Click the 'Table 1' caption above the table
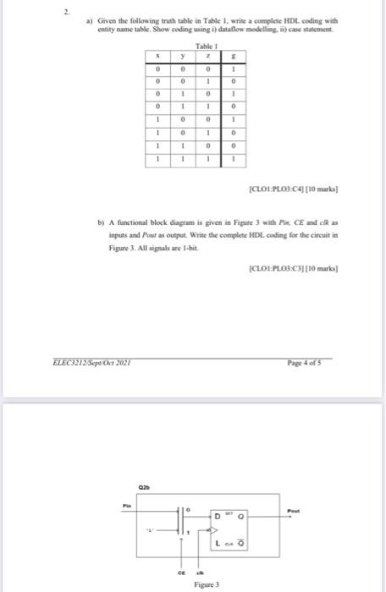tap(206, 47)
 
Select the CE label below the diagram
tap(180, 572)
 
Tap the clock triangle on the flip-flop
tap(215, 528)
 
